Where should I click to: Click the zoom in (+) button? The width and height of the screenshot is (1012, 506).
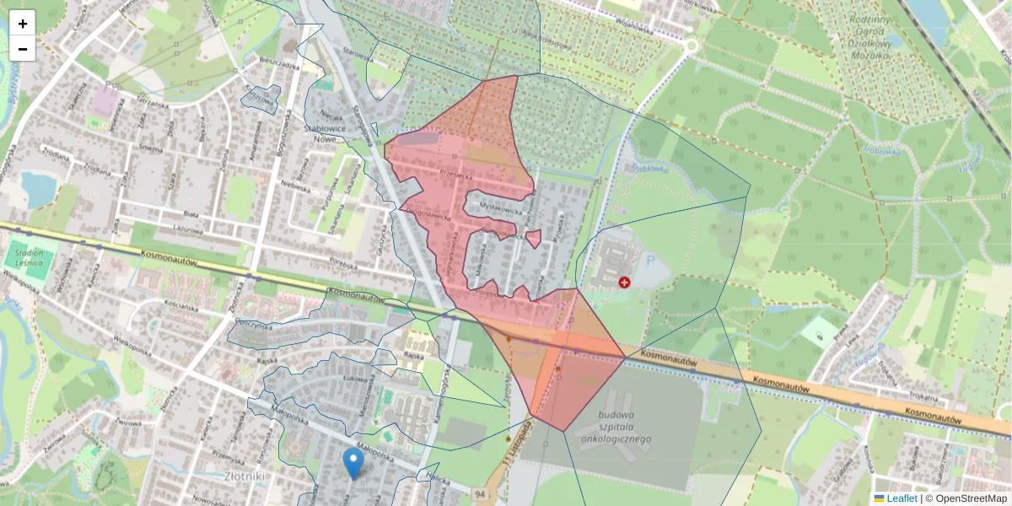point(23,23)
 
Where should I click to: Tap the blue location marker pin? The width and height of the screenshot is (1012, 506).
point(354,463)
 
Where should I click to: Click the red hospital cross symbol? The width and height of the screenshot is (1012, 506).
point(624,283)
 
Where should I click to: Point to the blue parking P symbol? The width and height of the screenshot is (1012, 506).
point(649,261)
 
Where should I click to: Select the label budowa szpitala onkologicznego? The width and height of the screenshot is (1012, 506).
point(613,427)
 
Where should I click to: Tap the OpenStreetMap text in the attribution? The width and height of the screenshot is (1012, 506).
point(971,498)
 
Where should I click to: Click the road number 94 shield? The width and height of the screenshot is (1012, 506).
point(480,493)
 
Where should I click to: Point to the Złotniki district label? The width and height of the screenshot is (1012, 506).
point(245,476)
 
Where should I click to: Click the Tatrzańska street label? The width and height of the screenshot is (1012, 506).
point(151,103)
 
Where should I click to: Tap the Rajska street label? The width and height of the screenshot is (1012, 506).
point(412,356)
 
